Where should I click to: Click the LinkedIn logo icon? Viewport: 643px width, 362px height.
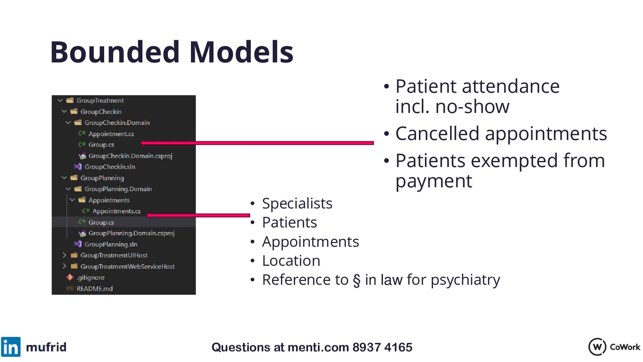click(x=11, y=347)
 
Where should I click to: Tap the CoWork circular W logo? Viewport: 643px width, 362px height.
click(x=597, y=347)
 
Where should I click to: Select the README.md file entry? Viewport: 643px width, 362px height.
click(x=94, y=289)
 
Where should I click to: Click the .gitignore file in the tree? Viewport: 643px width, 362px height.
click(x=90, y=278)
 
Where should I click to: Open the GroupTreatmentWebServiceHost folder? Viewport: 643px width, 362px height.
click(x=127, y=266)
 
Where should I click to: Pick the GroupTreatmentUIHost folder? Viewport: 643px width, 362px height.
click(x=114, y=255)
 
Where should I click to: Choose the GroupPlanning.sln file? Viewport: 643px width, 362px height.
click(x=111, y=244)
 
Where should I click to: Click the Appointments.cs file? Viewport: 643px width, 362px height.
click(x=116, y=211)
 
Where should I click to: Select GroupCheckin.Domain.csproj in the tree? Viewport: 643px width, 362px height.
click(x=130, y=156)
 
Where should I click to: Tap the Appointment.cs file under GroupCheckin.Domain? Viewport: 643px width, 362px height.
click(x=111, y=134)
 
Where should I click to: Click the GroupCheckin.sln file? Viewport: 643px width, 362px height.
click(x=110, y=167)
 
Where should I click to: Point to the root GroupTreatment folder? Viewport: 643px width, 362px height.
click(x=100, y=101)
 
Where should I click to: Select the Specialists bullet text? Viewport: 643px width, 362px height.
click(x=297, y=203)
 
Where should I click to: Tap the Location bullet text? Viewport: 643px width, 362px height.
click(x=291, y=261)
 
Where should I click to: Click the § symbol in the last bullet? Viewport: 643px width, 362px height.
click(x=357, y=280)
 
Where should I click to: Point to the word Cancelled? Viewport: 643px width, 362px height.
click(x=437, y=133)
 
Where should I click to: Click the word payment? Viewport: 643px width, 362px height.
click(x=434, y=182)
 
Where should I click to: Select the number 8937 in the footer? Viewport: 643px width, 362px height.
click(x=367, y=347)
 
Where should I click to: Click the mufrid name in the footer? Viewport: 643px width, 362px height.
click(x=46, y=347)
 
